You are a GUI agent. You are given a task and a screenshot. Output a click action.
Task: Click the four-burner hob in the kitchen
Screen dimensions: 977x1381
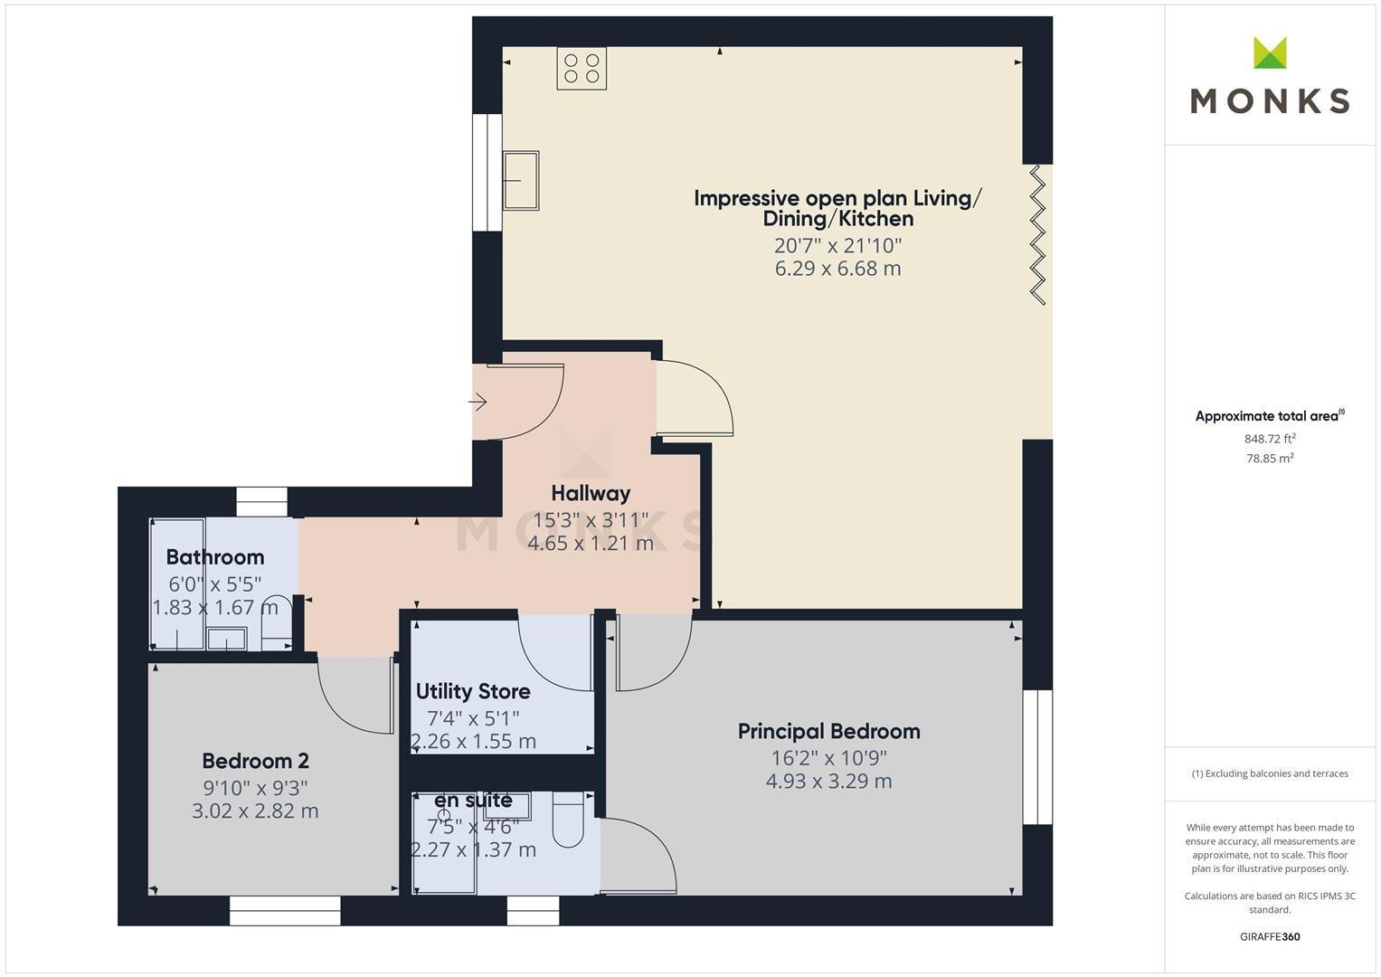582,69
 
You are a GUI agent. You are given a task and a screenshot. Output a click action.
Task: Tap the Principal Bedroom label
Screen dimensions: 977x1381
828,731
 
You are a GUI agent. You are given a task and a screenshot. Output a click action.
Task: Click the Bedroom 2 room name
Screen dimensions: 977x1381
255,761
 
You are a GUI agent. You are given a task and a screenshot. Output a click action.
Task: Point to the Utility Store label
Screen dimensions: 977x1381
473,691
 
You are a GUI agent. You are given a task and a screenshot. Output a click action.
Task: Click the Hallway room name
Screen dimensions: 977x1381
591,493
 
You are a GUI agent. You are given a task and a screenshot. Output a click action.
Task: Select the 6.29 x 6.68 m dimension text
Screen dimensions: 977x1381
837,269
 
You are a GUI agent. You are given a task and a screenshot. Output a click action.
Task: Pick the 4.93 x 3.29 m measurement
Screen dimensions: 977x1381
828,782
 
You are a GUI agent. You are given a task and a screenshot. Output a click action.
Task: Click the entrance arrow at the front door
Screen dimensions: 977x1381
478,401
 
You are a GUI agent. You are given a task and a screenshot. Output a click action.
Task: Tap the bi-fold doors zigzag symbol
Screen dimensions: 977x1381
1038,234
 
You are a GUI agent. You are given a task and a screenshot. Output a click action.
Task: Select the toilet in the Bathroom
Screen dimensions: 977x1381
275,622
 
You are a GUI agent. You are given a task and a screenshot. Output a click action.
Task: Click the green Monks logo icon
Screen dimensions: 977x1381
1270,53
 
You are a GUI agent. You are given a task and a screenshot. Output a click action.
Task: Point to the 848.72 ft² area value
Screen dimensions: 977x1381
1270,439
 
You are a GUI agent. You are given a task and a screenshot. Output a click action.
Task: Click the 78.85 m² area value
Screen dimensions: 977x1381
1270,459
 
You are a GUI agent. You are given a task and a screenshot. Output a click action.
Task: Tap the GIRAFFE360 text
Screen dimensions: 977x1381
1270,936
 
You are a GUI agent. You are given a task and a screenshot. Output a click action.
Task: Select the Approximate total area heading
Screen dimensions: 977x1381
1268,416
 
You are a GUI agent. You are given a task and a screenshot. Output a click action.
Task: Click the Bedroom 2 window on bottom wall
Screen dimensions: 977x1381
285,910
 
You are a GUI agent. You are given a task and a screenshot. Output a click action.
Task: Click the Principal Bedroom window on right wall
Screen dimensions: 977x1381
1037,757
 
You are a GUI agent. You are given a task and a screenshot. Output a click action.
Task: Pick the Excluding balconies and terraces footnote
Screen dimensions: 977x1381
1270,773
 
